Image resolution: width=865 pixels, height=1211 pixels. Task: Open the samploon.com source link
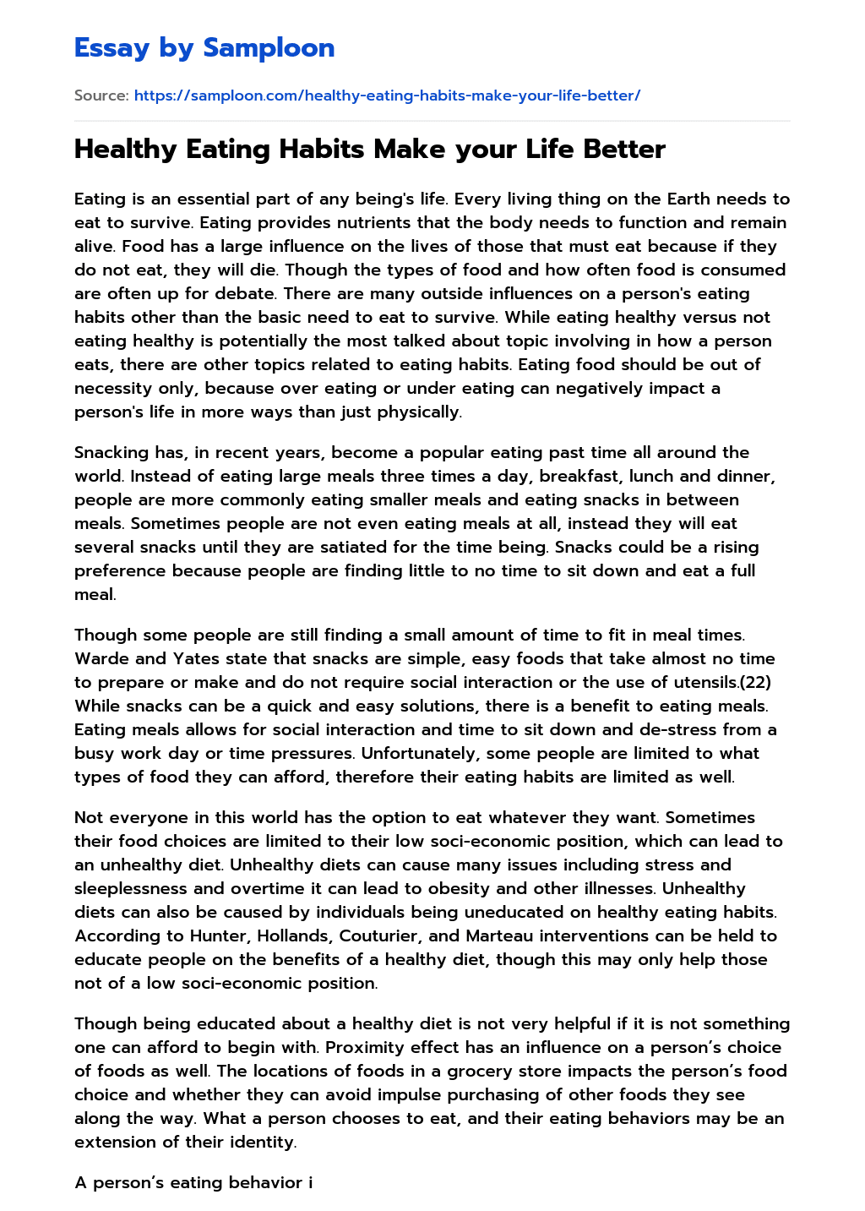coord(387,95)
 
